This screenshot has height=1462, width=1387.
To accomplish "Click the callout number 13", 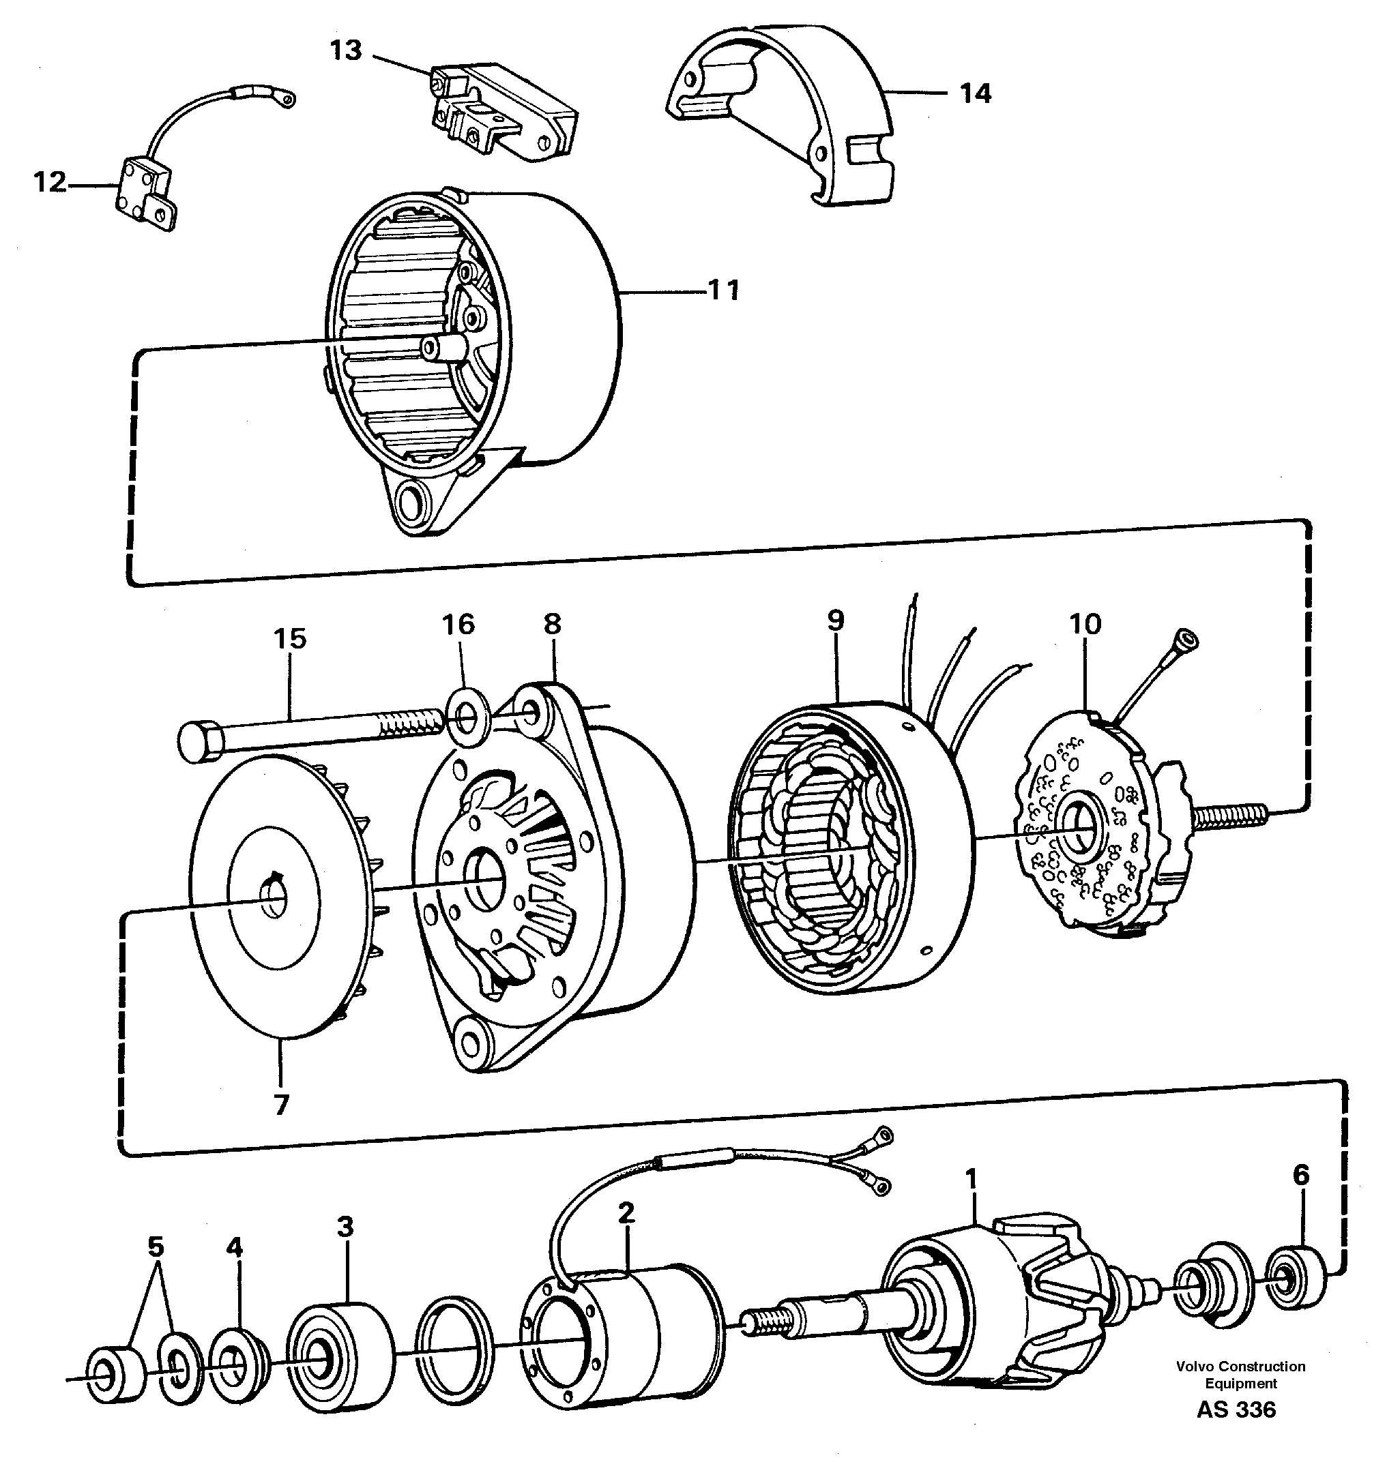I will [x=345, y=50].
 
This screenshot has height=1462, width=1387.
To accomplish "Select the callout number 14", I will [x=974, y=94].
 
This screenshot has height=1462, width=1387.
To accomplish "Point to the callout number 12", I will [x=50, y=182].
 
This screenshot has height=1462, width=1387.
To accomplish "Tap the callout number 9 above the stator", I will [x=836, y=621].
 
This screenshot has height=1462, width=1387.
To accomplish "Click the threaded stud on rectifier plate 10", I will [x=1229, y=816].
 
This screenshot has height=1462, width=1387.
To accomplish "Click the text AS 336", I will [x=1236, y=1429].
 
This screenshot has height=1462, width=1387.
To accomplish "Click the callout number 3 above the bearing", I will [x=345, y=1226].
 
